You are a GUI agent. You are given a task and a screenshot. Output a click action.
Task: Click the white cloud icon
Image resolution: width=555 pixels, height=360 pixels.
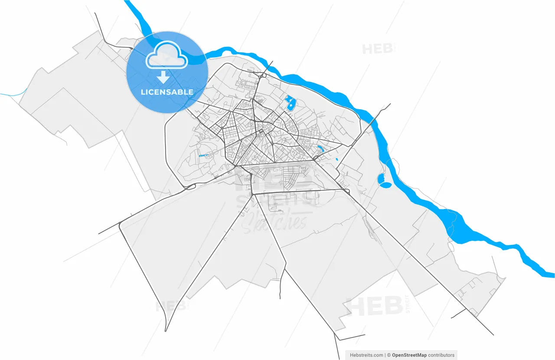[x=167, y=55]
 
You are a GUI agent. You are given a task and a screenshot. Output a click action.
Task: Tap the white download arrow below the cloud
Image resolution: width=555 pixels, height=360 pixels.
[x=163, y=78]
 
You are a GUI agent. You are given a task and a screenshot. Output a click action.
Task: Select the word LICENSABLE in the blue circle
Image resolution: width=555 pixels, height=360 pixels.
[x=167, y=92]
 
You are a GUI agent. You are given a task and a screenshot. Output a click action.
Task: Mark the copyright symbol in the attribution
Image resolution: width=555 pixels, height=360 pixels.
[x=389, y=355]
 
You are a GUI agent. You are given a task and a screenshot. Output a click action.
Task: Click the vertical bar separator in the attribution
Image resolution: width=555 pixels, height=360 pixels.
[x=385, y=355]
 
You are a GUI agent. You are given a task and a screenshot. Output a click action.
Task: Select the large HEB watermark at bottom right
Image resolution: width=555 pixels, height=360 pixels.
[x=375, y=307]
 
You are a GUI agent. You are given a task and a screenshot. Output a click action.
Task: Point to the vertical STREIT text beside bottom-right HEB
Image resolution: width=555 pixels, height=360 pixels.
[x=407, y=304]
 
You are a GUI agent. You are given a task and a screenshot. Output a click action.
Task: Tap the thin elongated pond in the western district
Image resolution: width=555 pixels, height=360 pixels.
[x=202, y=155]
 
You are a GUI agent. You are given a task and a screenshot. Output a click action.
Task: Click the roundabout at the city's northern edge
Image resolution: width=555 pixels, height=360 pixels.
[x=263, y=75]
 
